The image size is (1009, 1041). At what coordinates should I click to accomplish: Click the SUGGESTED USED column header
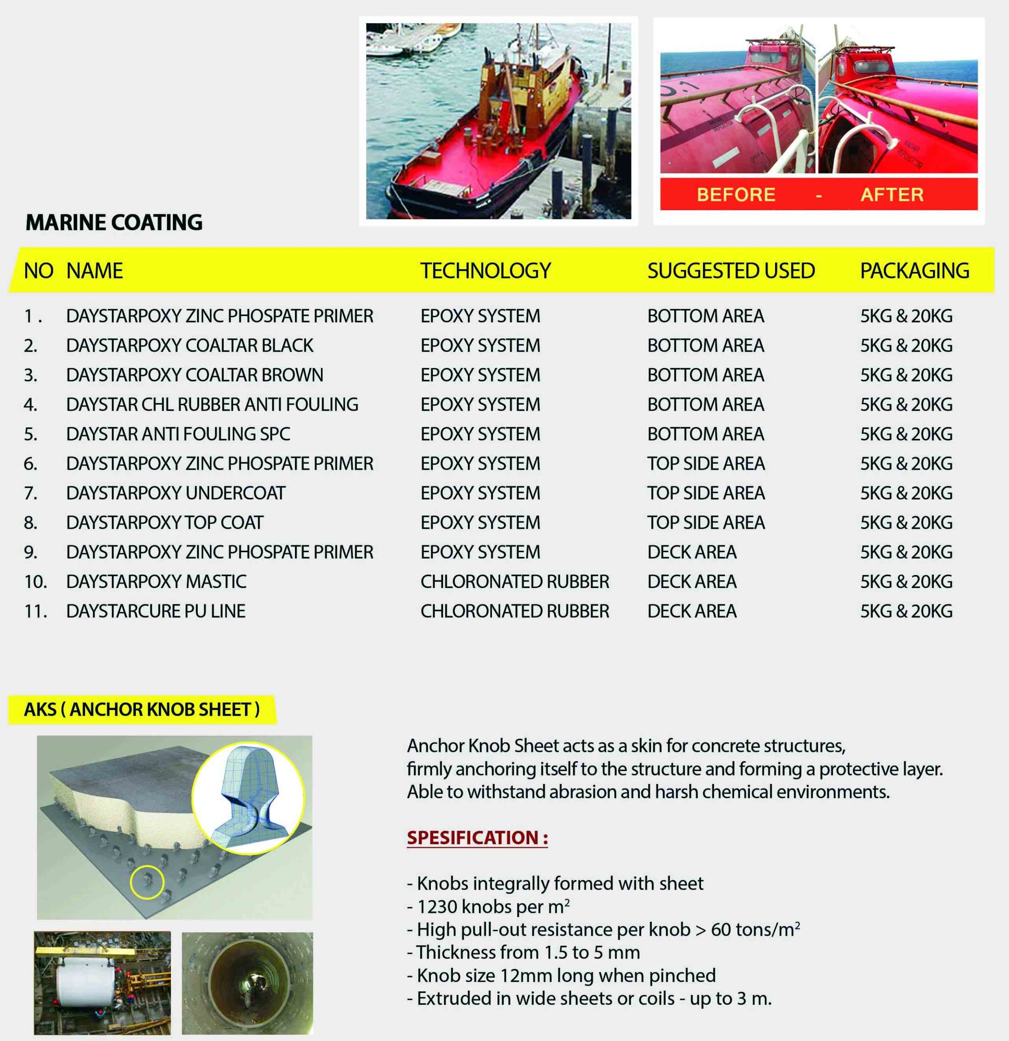pos(731,271)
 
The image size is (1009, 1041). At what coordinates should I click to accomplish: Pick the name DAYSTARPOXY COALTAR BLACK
pos(190,345)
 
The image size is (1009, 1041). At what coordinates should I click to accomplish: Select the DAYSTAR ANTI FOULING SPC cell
pos(178,434)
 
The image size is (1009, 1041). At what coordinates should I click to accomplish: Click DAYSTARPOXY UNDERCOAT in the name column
pos(175,493)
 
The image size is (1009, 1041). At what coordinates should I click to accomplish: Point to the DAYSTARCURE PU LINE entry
pos(156,611)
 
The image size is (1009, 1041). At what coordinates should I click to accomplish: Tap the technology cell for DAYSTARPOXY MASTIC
pos(514,581)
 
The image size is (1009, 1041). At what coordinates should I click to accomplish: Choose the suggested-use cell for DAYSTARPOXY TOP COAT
pos(705,523)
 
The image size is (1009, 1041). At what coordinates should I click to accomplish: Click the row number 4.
pos(30,405)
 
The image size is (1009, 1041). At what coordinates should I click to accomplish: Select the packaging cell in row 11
pos(906,611)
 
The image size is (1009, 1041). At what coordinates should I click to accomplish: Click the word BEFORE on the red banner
pos(736,194)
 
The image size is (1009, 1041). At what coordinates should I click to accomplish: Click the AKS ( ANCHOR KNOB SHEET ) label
pos(141,710)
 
